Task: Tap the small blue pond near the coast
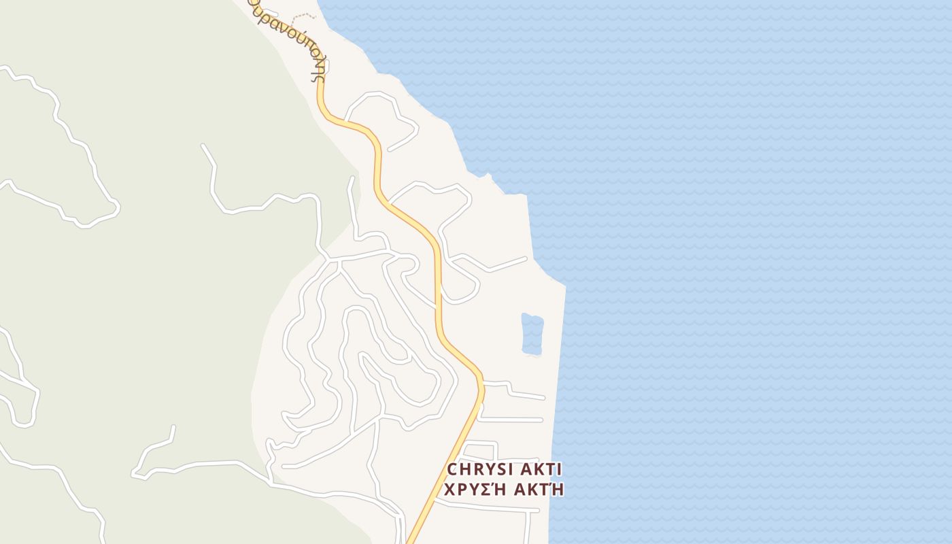pyautogui.click(x=532, y=334)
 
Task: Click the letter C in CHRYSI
pyautogui.click(x=453, y=469)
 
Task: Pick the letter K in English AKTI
pyautogui.click(x=537, y=469)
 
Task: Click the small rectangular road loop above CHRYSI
pyautogui.click(x=480, y=451)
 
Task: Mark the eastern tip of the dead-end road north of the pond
pyautogui.click(x=526, y=258)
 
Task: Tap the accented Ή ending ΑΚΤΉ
pyautogui.click(x=557, y=489)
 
